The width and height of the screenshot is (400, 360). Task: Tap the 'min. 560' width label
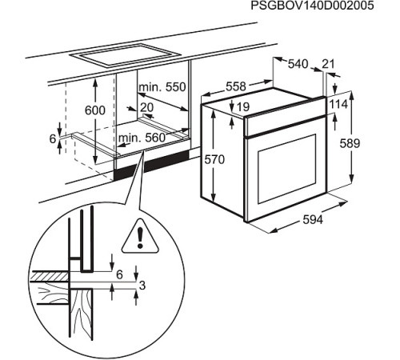click(142, 138)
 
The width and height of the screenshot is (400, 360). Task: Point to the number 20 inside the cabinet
click(146, 107)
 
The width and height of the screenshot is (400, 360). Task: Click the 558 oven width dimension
click(234, 85)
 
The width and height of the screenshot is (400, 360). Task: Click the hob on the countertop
click(125, 57)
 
